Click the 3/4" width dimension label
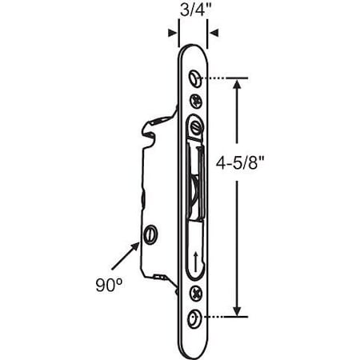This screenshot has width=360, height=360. point(190,13)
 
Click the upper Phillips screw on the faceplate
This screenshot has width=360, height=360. point(196,102)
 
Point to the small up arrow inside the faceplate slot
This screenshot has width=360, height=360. point(194,258)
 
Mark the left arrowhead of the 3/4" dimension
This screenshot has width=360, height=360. point(174,34)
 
